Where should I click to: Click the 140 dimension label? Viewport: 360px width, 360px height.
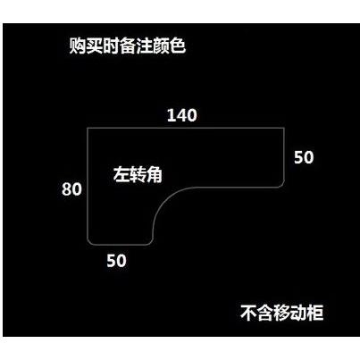pos(182,115)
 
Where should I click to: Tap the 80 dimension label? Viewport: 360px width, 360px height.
pos(71,188)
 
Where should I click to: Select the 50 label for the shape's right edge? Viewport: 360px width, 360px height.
pos(304,157)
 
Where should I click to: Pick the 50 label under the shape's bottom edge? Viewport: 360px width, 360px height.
pos(116,260)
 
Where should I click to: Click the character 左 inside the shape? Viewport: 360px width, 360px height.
pos(121,174)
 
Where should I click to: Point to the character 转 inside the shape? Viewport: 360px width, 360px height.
pos(138,174)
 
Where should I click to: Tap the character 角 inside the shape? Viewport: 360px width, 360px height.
pos(155,174)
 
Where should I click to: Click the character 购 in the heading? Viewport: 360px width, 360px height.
pos(78,46)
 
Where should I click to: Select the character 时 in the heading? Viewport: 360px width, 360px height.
pos(111,46)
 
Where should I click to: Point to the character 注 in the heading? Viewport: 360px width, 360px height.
pos(145,46)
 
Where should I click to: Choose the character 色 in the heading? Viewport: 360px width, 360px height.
pos(178,46)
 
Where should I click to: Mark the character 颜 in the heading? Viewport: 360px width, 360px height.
pos(161,46)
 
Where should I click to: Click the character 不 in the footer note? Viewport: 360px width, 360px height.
pos(248,313)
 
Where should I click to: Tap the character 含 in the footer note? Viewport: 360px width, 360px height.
pos(265,313)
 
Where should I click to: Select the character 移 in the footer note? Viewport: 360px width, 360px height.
pos(281,313)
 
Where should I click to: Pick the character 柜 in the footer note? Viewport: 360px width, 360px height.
pos(315,313)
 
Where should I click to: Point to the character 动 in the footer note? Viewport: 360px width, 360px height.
pos(298,313)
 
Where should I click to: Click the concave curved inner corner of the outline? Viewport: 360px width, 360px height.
pos(163,199)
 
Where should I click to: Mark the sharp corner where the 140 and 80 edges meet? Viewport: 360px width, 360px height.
pos(88,128)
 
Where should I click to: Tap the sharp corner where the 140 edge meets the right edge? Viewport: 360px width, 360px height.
pos(284,128)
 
